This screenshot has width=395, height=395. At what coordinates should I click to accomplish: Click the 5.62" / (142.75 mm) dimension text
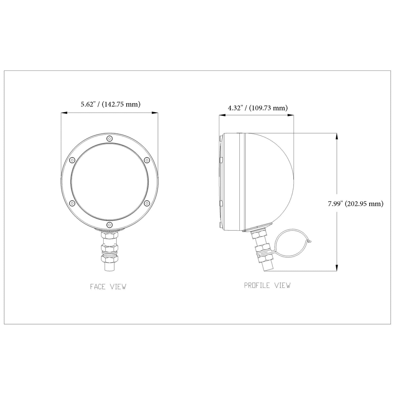point(110,104)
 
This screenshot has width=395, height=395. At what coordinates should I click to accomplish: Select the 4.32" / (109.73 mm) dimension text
point(258,108)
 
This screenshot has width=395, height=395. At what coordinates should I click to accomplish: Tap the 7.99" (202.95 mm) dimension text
point(355,204)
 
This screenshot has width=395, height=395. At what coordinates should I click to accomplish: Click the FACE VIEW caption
point(108,286)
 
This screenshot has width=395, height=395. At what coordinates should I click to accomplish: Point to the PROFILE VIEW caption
point(267,285)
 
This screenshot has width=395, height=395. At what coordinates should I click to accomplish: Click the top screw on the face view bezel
point(110,139)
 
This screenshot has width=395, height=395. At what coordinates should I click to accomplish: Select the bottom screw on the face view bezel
point(110,225)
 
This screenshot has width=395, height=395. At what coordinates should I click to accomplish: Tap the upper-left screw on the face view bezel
point(72,160)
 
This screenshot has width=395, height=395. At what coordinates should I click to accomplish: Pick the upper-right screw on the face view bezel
point(147,160)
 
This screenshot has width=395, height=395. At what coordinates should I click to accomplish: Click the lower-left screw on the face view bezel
point(72,203)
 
